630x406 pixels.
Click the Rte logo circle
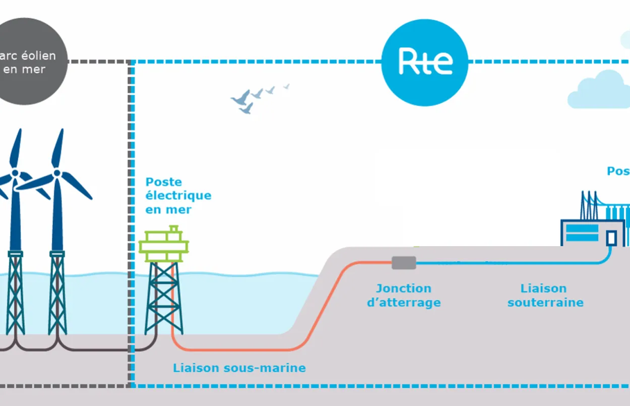pos(424,63)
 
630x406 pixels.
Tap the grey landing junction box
pos(404,262)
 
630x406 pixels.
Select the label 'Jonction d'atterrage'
pos(404,296)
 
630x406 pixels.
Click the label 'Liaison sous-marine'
pos(239,368)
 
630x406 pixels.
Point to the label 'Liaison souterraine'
pos(545,296)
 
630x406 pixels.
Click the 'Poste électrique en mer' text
pos(178,196)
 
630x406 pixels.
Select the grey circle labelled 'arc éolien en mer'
pos(28,62)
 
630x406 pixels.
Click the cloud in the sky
pos(600,91)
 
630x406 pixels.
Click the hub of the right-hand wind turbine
pos(57,173)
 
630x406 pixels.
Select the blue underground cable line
pos(504,263)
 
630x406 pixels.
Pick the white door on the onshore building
pos(611,237)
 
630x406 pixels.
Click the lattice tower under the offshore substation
pos(164,298)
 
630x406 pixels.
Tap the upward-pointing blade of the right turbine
pos(58,149)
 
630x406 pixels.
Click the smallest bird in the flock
pos(286,86)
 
